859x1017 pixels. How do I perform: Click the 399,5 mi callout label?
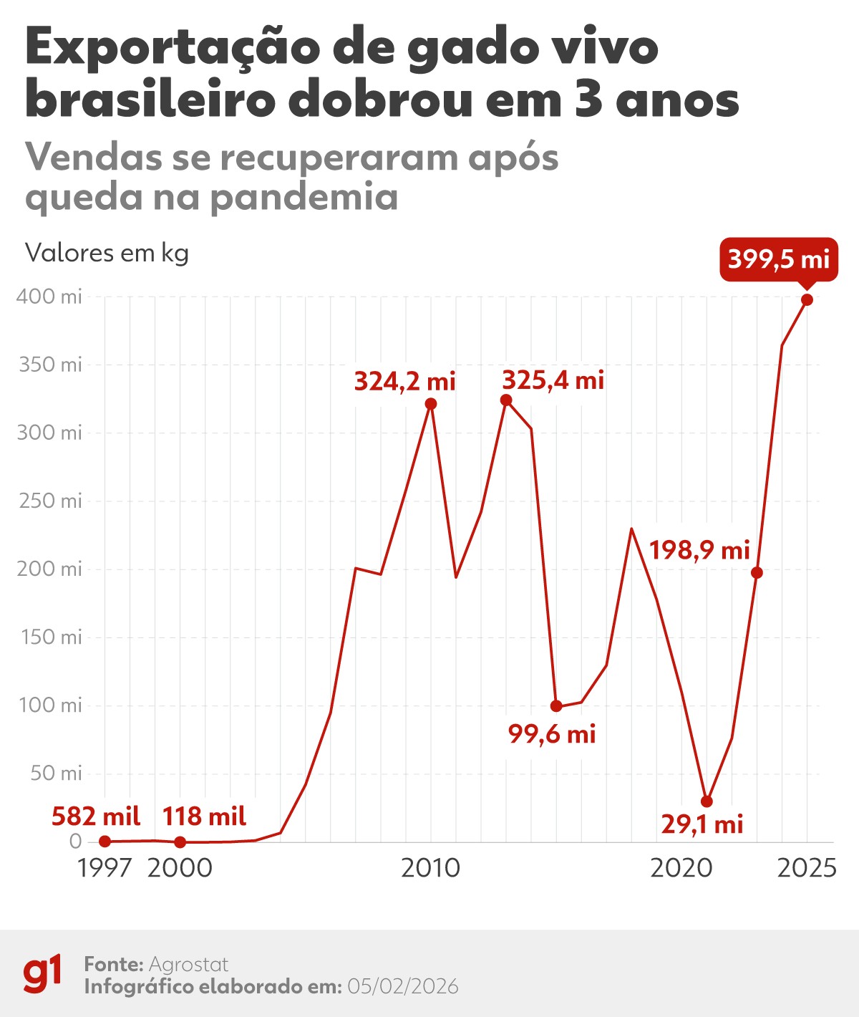[778, 259]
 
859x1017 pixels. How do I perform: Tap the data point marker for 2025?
[807, 300]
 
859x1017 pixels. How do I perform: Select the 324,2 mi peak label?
[404, 382]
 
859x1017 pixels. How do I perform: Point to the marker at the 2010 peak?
[431, 404]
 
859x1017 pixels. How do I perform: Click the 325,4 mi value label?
[553, 380]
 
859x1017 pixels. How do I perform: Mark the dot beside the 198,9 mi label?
[757, 573]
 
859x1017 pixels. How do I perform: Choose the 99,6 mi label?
[552, 734]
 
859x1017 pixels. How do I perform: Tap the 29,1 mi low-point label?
[702, 824]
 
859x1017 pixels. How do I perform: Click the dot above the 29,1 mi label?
[707, 801]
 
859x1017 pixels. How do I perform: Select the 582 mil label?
[96, 816]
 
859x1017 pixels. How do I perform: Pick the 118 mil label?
[204, 816]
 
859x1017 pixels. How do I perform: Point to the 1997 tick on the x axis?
[105, 868]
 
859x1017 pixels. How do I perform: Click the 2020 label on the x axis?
[681, 868]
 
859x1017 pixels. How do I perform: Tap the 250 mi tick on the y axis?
[50, 501]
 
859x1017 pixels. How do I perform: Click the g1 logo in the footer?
[42, 974]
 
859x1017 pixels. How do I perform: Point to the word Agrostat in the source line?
[188, 964]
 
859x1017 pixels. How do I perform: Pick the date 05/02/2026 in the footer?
[402, 987]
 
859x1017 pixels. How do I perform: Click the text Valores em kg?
[107, 253]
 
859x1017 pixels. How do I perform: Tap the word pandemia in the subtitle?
[304, 196]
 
